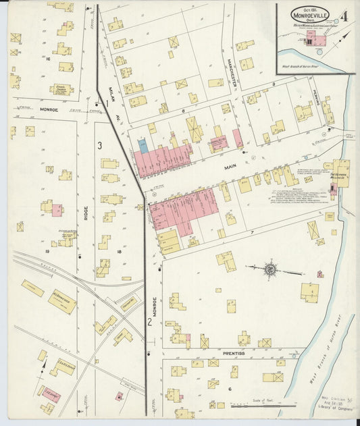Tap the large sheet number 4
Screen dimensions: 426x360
point(344,16)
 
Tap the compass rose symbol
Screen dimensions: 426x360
point(269,269)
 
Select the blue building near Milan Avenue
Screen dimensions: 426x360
point(143,144)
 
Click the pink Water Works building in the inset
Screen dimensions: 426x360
point(315,41)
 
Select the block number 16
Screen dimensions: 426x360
point(49,59)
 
